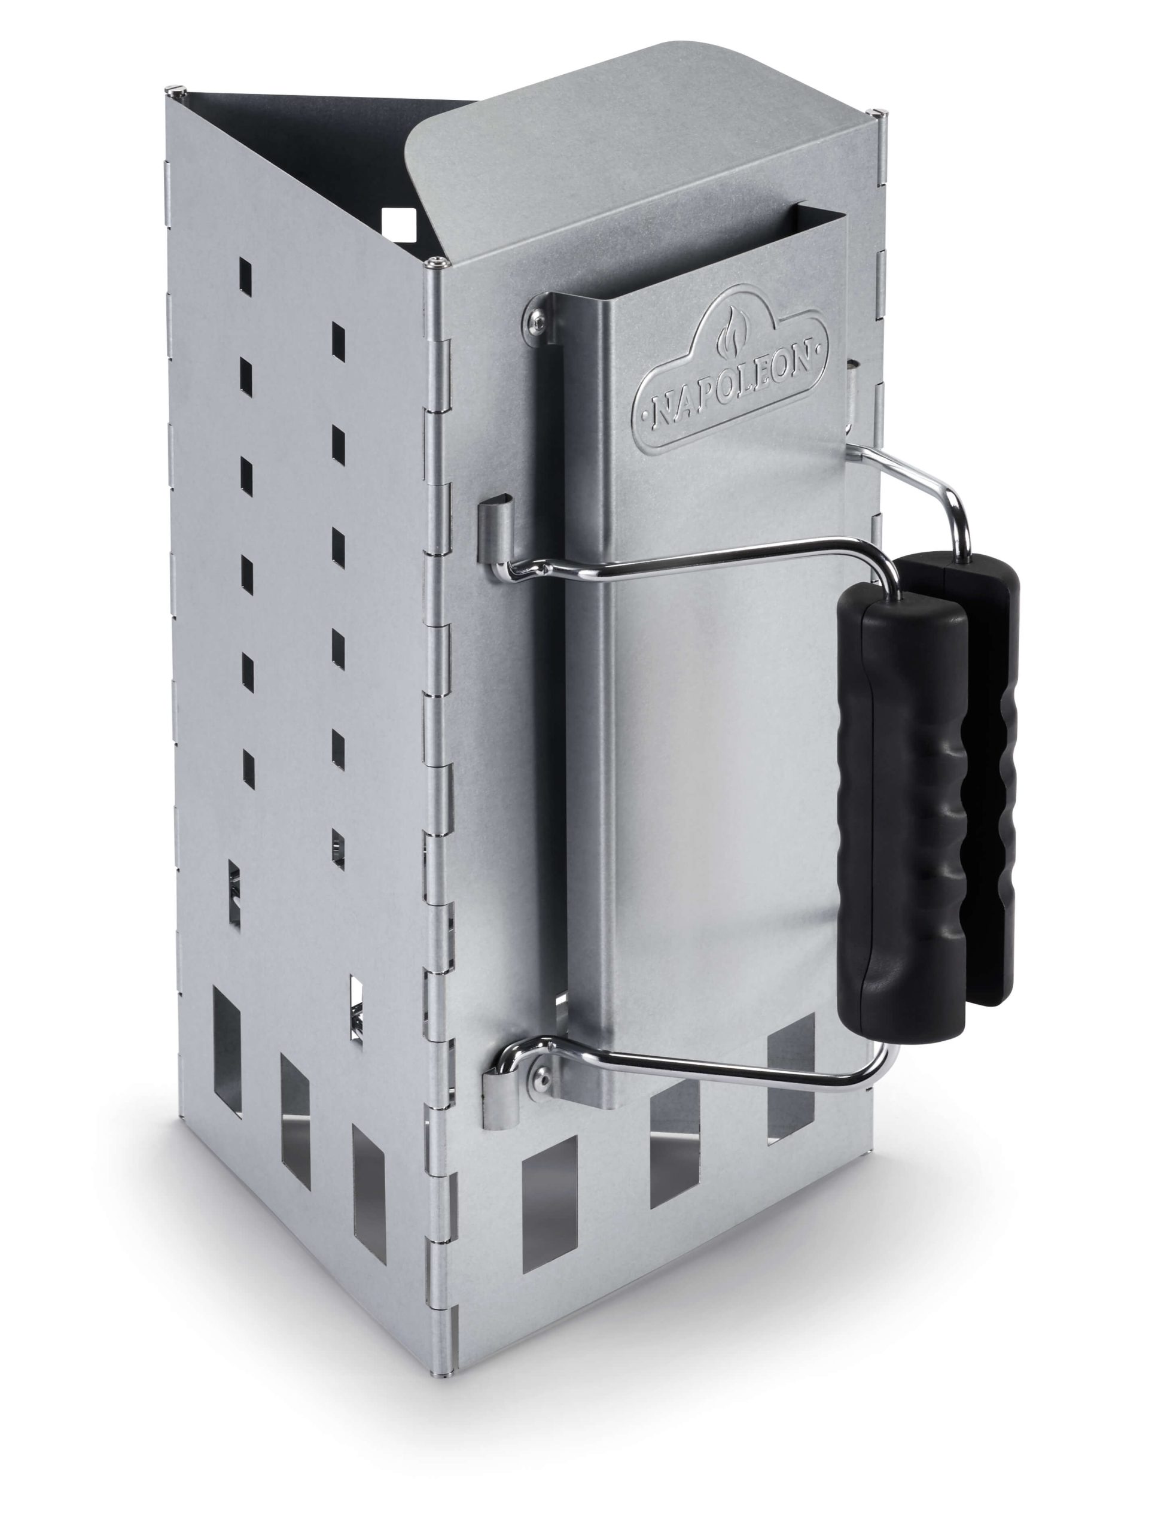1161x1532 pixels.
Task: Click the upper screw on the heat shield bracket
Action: (x=538, y=318)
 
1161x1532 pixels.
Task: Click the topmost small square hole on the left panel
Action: (x=245, y=273)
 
